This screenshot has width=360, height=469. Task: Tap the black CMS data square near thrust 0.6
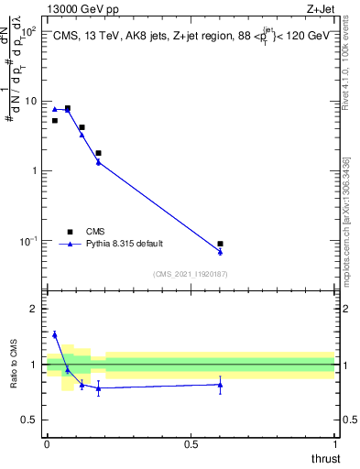coord(221,244)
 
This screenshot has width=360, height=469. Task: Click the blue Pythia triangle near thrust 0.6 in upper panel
coord(221,251)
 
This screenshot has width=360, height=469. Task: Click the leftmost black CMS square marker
coord(54,120)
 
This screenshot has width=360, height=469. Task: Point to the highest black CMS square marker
coord(67,108)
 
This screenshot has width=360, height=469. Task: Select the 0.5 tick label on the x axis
coord(191,444)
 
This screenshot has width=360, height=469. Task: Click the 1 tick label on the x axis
coord(334,444)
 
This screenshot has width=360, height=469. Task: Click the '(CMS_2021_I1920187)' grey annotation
coord(191,273)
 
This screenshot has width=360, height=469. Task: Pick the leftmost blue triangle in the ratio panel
coord(54,335)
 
